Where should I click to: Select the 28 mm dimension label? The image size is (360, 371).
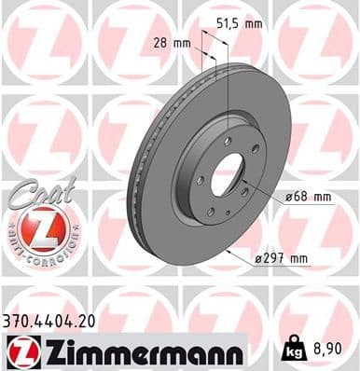171,42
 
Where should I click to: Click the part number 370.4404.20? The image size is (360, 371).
49,319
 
